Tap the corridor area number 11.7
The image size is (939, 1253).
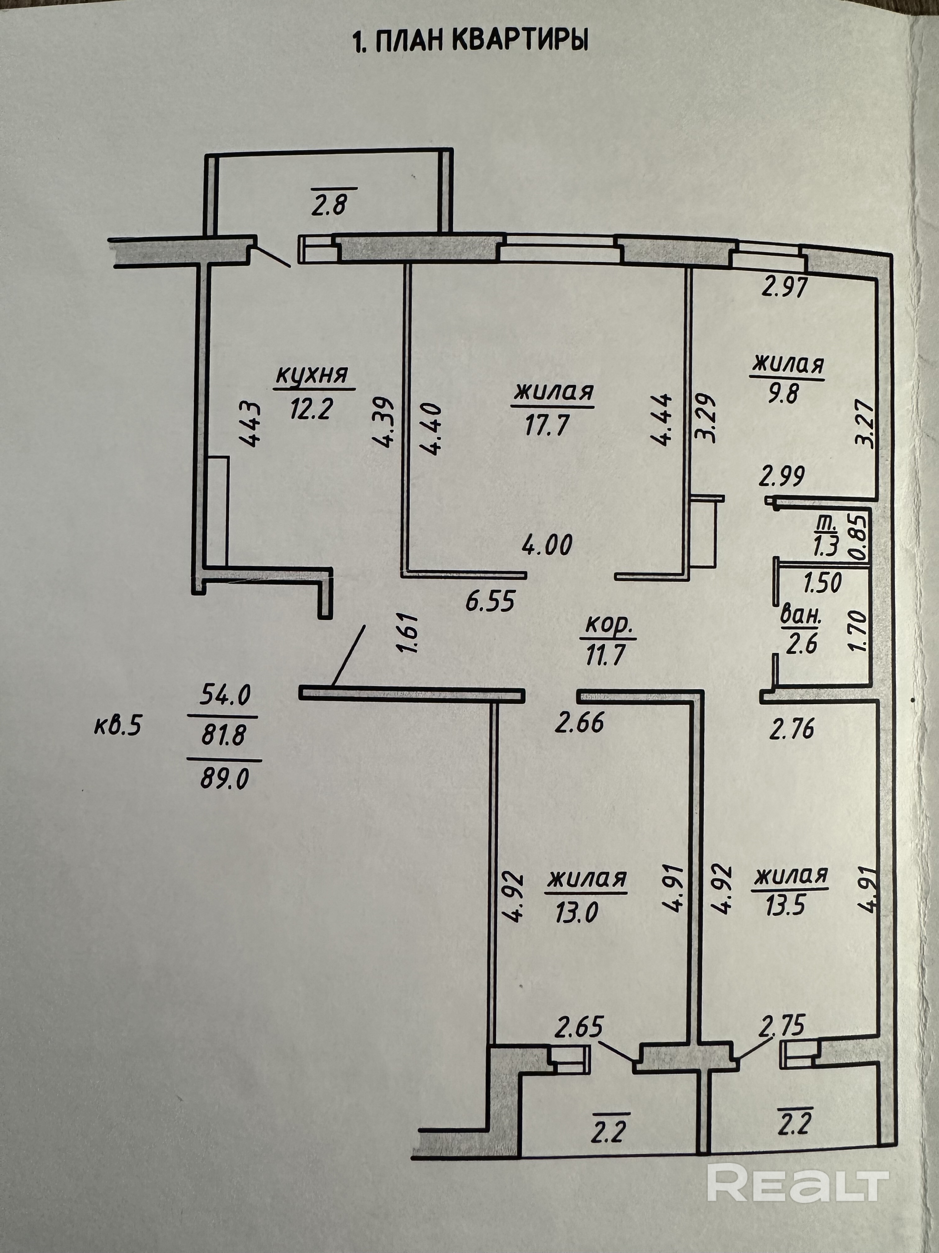tap(605, 655)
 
